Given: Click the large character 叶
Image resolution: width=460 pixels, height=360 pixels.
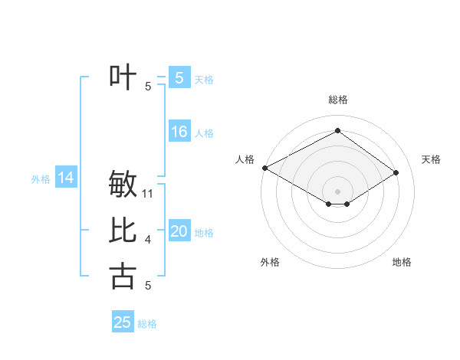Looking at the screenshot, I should pyautogui.click(x=123, y=77).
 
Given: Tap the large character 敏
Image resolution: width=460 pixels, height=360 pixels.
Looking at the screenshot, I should pyautogui.click(x=123, y=185).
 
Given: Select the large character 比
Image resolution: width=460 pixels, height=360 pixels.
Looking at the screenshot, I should pyautogui.click(x=123, y=231).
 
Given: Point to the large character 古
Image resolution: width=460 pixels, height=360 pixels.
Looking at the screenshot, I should pyautogui.click(x=123, y=277).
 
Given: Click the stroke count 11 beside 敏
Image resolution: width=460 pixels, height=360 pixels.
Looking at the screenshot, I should pyautogui.click(x=149, y=194).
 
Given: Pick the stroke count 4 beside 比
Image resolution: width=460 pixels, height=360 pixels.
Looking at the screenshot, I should pyautogui.click(x=148, y=241).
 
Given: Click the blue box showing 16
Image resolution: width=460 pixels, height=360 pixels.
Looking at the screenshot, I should pyautogui.click(x=179, y=132).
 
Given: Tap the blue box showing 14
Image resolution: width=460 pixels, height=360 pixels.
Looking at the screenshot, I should pyautogui.click(x=66, y=178).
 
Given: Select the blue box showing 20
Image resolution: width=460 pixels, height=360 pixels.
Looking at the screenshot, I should pyautogui.click(x=179, y=232).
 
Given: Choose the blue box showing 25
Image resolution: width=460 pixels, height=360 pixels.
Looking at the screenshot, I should pyautogui.click(x=123, y=322).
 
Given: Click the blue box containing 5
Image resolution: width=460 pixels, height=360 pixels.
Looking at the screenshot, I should pyautogui.click(x=179, y=77).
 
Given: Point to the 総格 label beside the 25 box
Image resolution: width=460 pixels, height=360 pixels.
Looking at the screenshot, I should pyautogui.click(x=147, y=324).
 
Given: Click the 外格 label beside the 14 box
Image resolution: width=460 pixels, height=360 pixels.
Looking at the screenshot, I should pyautogui.click(x=41, y=179).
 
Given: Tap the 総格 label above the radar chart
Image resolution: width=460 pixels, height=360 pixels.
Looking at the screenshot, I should pyautogui.click(x=338, y=100).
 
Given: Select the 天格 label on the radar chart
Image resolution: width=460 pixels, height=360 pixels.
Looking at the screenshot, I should pyautogui.click(x=432, y=159).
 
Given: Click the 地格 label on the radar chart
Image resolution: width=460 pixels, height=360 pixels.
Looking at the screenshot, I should pyautogui.click(x=402, y=262).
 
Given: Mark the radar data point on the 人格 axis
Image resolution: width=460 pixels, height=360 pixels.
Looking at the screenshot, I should pyautogui.click(x=264, y=167).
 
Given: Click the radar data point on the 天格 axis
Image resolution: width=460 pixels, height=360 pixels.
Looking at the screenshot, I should pyautogui.click(x=396, y=172).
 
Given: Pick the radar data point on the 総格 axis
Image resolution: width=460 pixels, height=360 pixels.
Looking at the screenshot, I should pyautogui.click(x=337, y=130).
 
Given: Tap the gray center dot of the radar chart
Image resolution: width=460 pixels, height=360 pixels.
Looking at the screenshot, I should pyautogui.click(x=337, y=191).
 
